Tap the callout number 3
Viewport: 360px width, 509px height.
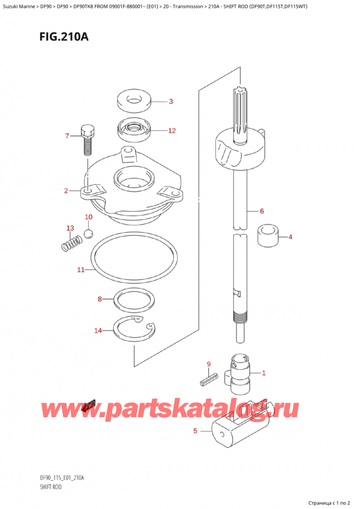coord(170,101)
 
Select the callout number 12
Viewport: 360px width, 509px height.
coord(172,130)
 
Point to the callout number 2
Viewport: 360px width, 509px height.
coord(66,191)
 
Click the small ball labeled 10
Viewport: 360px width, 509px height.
coord(89,233)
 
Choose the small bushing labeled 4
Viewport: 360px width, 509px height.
coord(267,236)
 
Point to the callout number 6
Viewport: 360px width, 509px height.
coord(262,211)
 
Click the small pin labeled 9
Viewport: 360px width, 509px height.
coord(208,379)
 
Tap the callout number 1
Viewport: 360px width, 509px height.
coord(263,373)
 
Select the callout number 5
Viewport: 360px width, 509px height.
coord(194,430)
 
